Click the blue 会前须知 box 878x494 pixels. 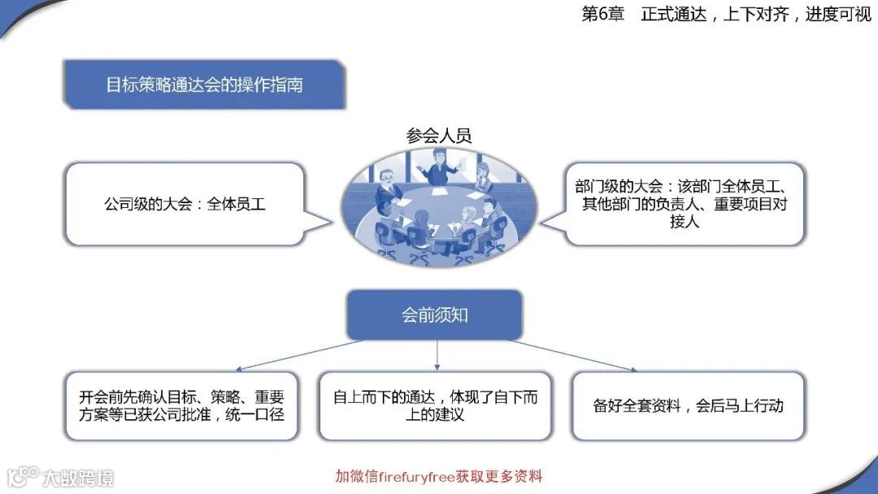pos(434,315)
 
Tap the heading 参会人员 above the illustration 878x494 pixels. pos(439,136)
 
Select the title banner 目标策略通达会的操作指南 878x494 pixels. pos(204,84)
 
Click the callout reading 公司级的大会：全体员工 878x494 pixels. pos(185,204)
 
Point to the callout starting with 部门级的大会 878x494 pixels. pos(684,204)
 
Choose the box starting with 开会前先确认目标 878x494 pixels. pos(181,406)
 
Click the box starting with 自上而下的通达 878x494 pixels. pos(435,406)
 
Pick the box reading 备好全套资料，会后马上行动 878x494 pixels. pos(688,406)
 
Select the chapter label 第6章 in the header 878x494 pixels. pos(602,15)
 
